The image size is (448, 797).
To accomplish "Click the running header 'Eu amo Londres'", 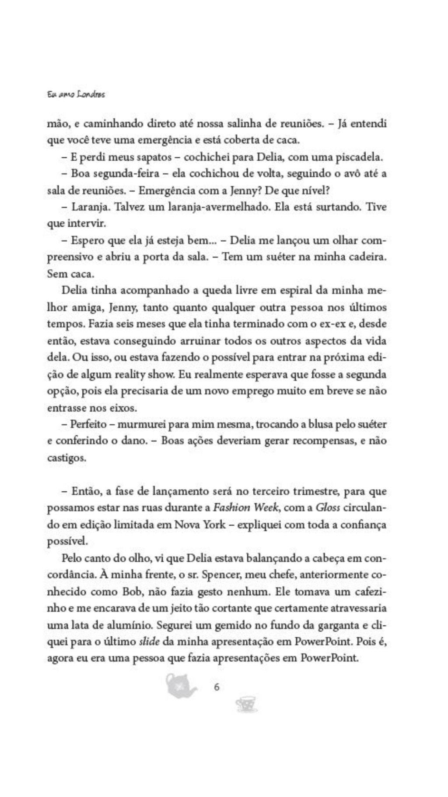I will coord(75,95).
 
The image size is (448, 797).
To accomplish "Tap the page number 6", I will coord(217,687).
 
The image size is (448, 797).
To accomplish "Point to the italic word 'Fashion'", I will coord(231,508).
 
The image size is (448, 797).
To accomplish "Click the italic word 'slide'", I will coord(149,642).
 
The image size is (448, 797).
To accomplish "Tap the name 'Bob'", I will coord(132,592).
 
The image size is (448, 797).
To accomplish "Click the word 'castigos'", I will coord(66,458).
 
